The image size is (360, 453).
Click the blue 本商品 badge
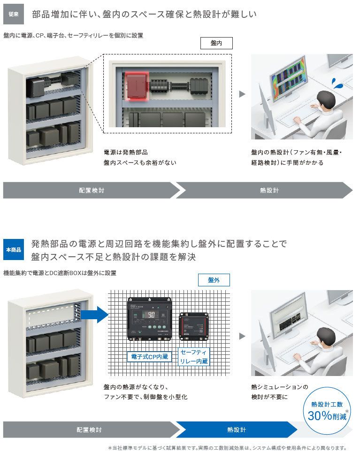(14, 250)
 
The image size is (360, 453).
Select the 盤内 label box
(216, 43)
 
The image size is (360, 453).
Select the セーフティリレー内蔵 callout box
(194, 356)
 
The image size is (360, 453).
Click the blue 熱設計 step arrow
(236, 430)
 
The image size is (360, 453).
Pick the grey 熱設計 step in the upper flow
(269, 191)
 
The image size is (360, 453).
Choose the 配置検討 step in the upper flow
(92, 191)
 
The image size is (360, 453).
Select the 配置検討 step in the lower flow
(89, 430)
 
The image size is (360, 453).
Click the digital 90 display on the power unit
(152, 315)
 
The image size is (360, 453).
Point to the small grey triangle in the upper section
(242, 94)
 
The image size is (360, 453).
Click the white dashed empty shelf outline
(52, 318)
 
